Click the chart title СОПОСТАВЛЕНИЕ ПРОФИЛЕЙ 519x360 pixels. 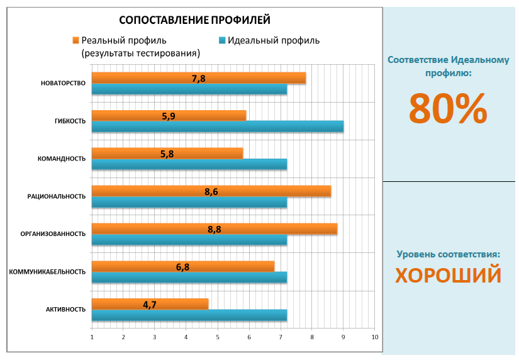tap(194, 20)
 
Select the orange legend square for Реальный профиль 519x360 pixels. tap(75, 40)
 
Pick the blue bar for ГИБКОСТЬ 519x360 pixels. tap(217, 127)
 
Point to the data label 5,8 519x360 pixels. tap(167, 154)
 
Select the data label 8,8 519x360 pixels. tap(215, 229)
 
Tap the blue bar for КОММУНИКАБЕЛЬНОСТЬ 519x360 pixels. tap(189, 277)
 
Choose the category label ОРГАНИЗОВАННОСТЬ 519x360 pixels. tap(53, 234)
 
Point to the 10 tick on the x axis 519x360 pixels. tap(374, 337)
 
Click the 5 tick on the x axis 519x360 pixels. tap(218, 337)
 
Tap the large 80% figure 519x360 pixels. tap(447, 108)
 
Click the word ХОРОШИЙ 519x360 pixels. tap(448, 275)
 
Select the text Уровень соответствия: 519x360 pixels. tap(448, 254)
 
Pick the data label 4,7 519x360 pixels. tap(150, 305)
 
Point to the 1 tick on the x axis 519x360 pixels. tap(92, 337)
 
